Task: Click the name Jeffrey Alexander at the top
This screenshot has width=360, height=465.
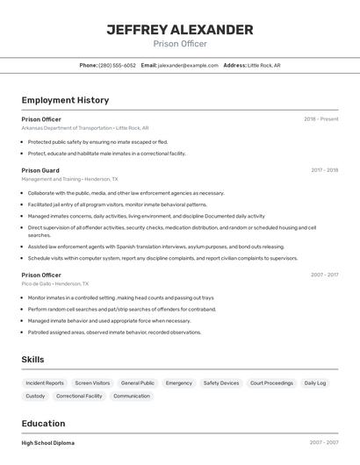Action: click(180, 30)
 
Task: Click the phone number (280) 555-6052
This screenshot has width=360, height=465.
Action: click(117, 65)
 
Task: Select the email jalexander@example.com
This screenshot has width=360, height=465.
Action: click(188, 65)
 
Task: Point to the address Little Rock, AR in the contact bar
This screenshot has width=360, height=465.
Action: click(263, 65)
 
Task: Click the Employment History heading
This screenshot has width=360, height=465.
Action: click(65, 100)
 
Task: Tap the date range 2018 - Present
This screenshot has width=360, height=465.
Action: click(320, 119)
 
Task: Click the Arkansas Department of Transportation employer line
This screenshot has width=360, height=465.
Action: click(85, 128)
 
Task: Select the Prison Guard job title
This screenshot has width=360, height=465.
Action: click(40, 170)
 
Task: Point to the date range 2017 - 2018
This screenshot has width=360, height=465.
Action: click(324, 170)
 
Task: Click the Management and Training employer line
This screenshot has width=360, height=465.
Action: click(69, 179)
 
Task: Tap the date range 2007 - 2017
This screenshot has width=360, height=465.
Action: click(324, 275)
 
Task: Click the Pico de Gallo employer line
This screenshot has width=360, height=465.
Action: click(55, 283)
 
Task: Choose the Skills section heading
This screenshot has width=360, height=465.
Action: click(32, 360)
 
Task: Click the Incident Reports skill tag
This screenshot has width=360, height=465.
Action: click(45, 383)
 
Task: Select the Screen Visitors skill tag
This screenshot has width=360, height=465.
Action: click(92, 383)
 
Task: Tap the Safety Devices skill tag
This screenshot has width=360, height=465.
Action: click(220, 383)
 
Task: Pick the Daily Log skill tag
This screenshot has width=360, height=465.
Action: click(315, 383)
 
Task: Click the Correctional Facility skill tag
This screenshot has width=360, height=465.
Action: click(79, 396)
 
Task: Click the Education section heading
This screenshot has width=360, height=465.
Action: click(43, 423)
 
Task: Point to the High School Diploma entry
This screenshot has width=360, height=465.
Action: click(47, 443)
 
